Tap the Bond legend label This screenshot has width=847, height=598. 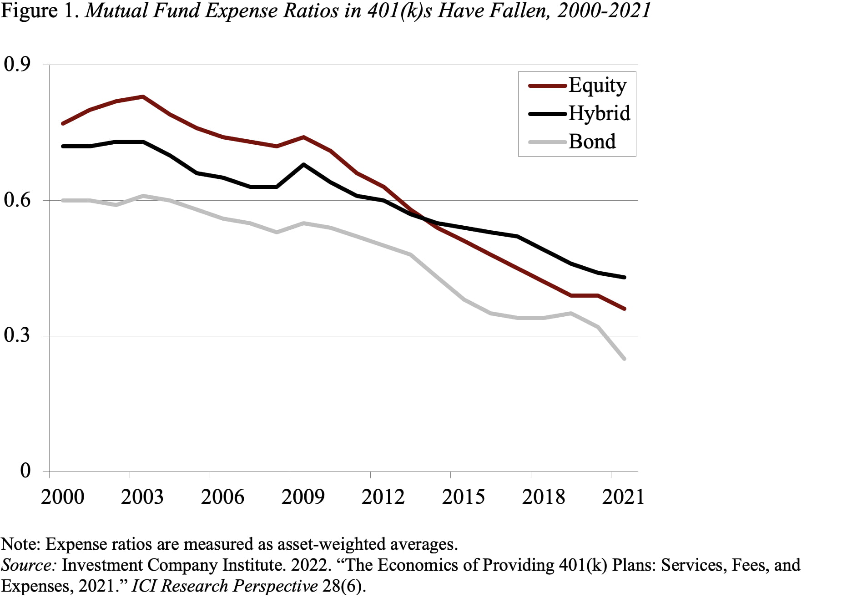click(592, 142)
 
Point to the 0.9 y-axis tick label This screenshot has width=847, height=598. click(17, 64)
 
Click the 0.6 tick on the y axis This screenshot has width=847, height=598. click(17, 200)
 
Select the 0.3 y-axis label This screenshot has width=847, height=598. click(17, 335)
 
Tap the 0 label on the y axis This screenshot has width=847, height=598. click(25, 471)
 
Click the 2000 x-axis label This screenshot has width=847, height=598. click(62, 497)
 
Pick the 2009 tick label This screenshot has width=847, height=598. click(303, 497)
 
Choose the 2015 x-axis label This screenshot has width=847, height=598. click(463, 497)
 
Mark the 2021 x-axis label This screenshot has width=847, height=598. click(623, 497)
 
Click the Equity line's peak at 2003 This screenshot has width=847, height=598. click(143, 96)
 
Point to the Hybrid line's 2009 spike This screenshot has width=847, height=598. click(303, 164)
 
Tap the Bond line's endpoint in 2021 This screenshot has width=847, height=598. click(624, 359)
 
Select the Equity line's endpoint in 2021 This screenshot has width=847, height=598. click(624, 309)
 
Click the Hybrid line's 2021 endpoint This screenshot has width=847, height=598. click(624, 277)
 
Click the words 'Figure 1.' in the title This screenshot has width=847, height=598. click(41, 11)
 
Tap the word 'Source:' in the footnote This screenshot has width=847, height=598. click(28, 565)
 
